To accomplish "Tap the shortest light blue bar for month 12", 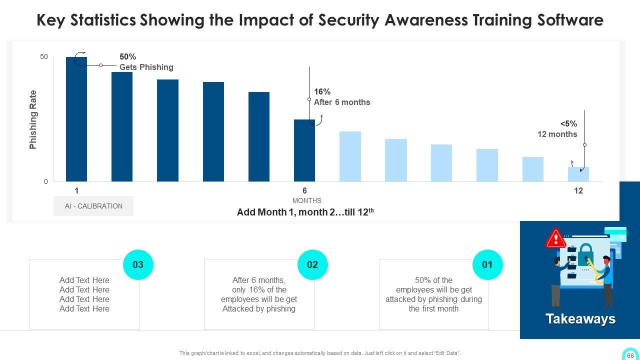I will pyautogui.click(x=578, y=174).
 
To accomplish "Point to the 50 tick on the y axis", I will pyautogui.click(x=44, y=57).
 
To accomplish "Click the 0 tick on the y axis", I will pyautogui.click(x=46, y=181).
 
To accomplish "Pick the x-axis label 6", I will pyautogui.click(x=304, y=190).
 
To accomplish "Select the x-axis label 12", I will pyautogui.click(x=578, y=190).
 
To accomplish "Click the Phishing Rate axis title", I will pyautogui.click(x=33, y=119).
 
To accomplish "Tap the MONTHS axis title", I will pyautogui.click(x=307, y=200).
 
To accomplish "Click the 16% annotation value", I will pyautogui.click(x=322, y=91).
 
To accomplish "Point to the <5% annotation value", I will pyautogui.click(x=568, y=124).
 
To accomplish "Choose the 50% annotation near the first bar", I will pyautogui.click(x=127, y=57).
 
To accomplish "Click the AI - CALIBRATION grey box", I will pyautogui.click(x=93, y=206).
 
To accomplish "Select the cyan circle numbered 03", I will pyautogui.click(x=138, y=264).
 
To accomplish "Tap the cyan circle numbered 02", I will pyautogui.click(x=312, y=264).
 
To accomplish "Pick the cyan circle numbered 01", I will pyautogui.click(x=487, y=264).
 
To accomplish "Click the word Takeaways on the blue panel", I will pyautogui.click(x=580, y=319).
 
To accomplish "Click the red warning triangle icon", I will pyautogui.click(x=555, y=239).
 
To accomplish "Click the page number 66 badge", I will pyautogui.click(x=630, y=355).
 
